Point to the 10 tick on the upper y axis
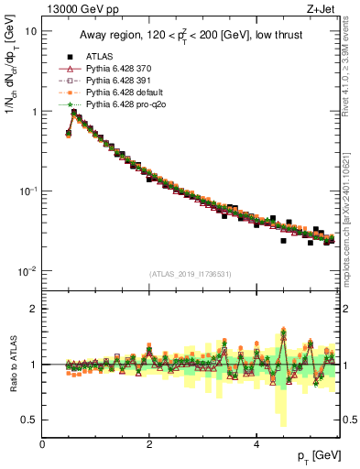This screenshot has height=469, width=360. (x=31, y=31)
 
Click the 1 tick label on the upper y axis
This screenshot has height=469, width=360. (x=34, y=112)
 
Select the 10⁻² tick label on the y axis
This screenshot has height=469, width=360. (x=27, y=271)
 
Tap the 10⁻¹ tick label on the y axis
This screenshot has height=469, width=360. (x=27, y=191)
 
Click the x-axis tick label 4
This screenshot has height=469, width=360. (x=256, y=443)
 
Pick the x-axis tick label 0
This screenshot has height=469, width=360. (x=42, y=443)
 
